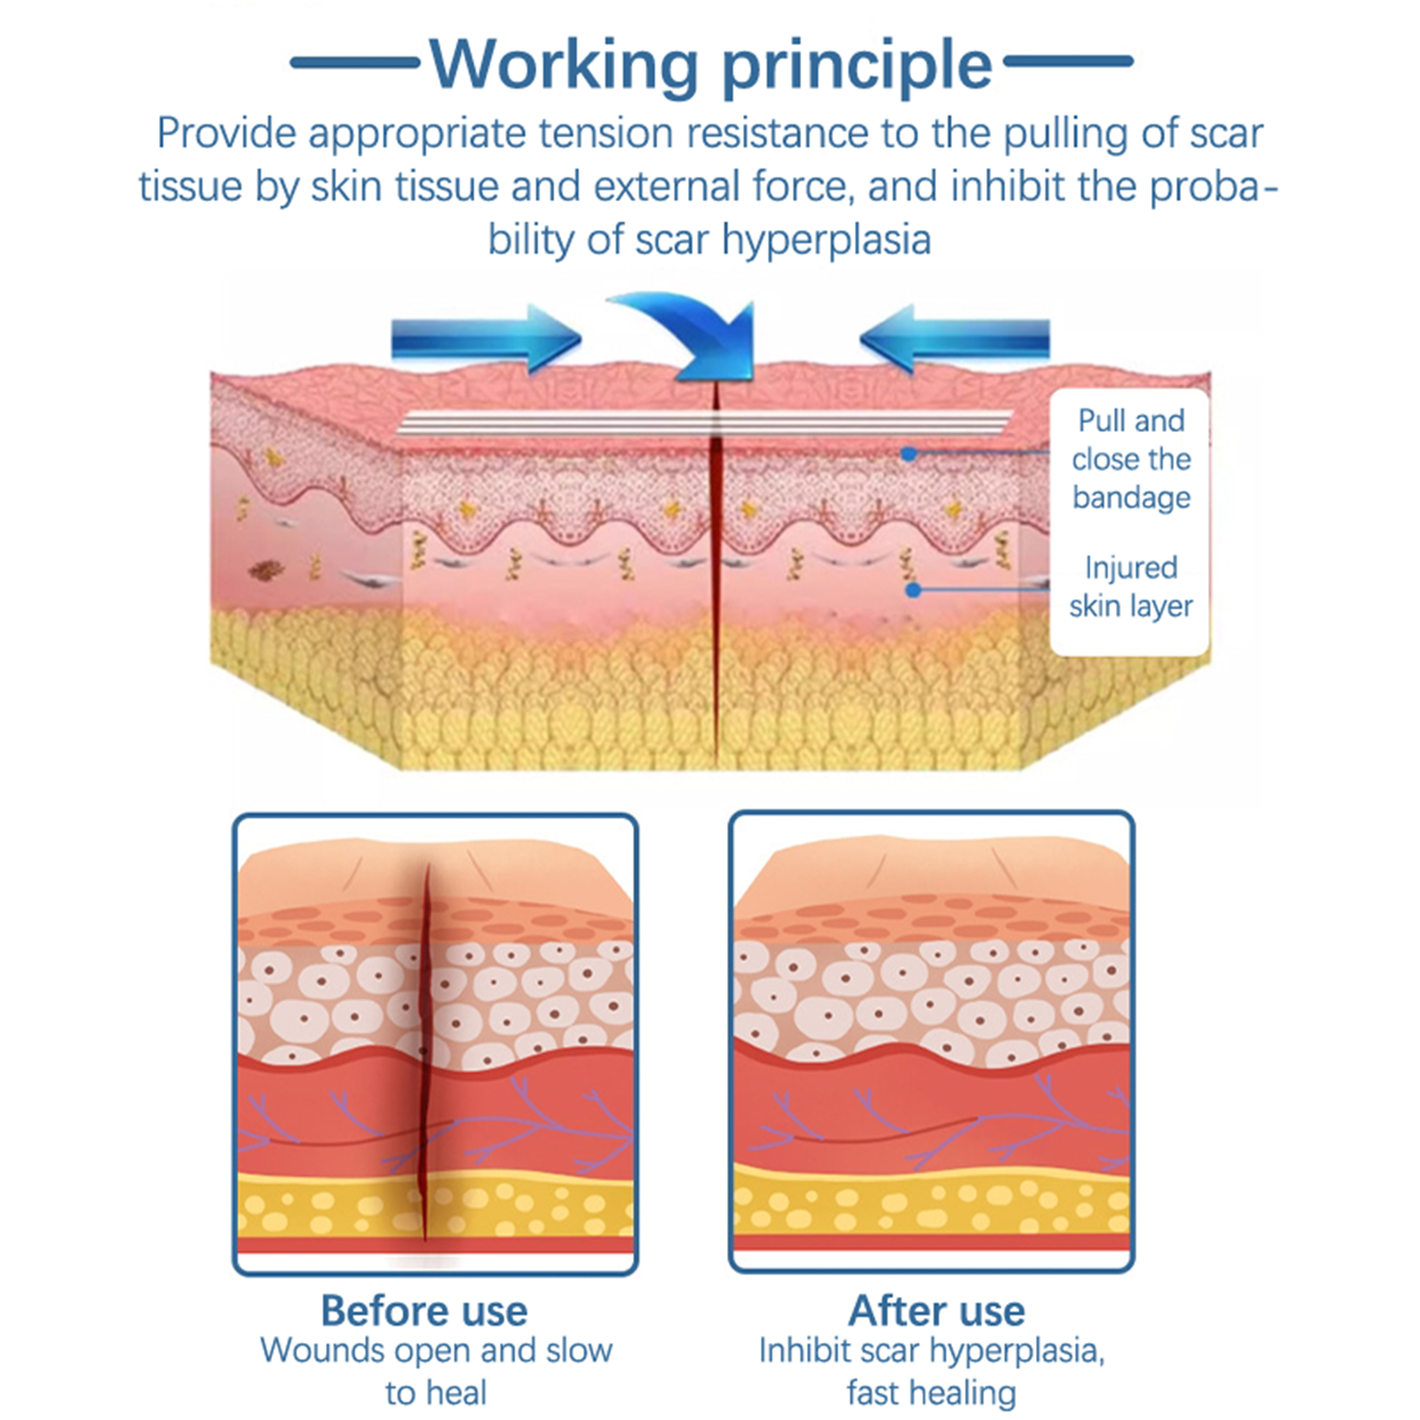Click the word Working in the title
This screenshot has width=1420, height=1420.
[x=564, y=64]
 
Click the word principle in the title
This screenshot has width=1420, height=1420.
[x=856, y=64]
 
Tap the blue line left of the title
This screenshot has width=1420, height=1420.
[x=355, y=62]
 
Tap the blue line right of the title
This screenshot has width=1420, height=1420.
[x=1068, y=61]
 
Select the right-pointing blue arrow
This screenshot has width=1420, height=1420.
[x=486, y=338]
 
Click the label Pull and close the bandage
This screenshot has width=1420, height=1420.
[x=1131, y=459]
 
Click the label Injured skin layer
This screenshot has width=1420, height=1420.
[x=1131, y=587]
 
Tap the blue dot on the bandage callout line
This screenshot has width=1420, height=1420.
[x=908, y=454]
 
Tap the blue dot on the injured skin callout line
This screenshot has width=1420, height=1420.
[x=913, y=590]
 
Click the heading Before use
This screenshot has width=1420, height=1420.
[x=424, y=1311]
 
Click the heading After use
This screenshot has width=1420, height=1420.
[x=935, y=1311]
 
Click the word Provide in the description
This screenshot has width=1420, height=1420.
[x=226, y=134]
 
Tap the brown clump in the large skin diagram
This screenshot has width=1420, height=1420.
[x=264, y=570]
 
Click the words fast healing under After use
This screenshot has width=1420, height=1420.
[x=930, y=1392]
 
